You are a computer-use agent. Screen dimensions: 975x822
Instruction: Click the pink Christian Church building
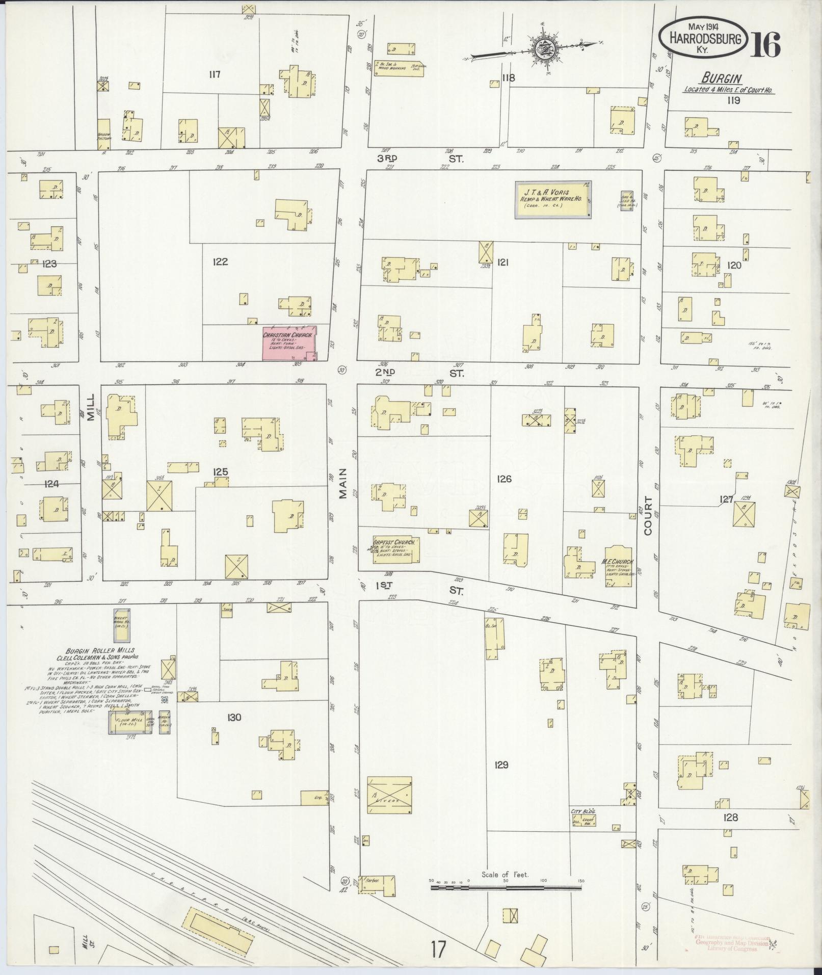(x=289, y=343)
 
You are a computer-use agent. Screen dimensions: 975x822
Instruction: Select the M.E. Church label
(x=618, y=562)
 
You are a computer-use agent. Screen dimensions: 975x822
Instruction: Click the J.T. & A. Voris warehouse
(x=553, y=200)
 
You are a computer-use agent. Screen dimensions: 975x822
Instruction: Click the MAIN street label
(x=342, y=482)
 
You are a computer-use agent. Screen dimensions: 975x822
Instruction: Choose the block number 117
(x=214, y=74)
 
